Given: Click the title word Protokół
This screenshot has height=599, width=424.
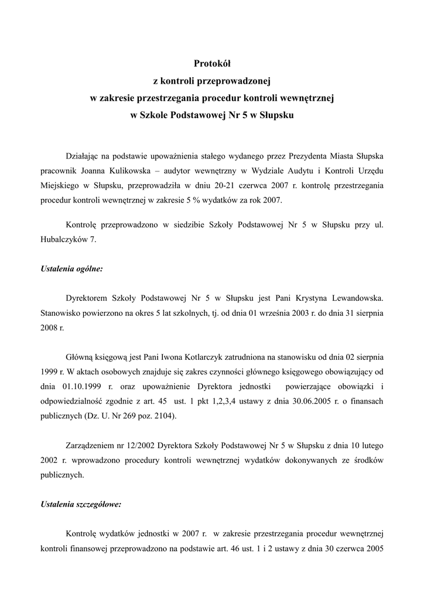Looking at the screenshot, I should point(212,62).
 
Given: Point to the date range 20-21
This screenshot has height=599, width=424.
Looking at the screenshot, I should point(234,185).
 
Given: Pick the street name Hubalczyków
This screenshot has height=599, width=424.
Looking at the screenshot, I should point(61,239).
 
